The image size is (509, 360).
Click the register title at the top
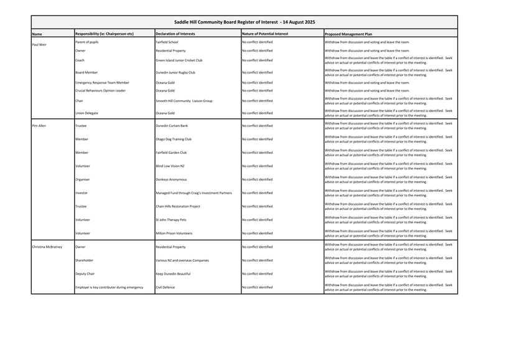tap(253, 22)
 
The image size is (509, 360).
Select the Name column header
tap(37, 34)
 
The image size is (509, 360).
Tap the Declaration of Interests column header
tap(175, 34)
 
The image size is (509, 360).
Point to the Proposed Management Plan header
tap(348, 34)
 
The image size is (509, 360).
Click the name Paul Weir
tap(39, 45)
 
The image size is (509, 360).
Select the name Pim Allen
tap(39, 126)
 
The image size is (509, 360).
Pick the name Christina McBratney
tap(47, 247)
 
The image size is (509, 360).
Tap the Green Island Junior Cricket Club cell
tap(179, 60)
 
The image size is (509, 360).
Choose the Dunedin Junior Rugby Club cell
tap(175, 72)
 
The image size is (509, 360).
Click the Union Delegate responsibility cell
tap(88, 113)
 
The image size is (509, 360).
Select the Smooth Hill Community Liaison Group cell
tap(184, 100)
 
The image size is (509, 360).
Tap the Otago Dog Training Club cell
tap(174, 140)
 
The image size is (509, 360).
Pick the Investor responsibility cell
tap(82, 193)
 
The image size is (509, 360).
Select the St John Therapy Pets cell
tap(171, 220)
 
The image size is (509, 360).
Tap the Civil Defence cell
tap(165, 287)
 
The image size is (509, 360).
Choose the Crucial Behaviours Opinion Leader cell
tap(100, 90)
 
